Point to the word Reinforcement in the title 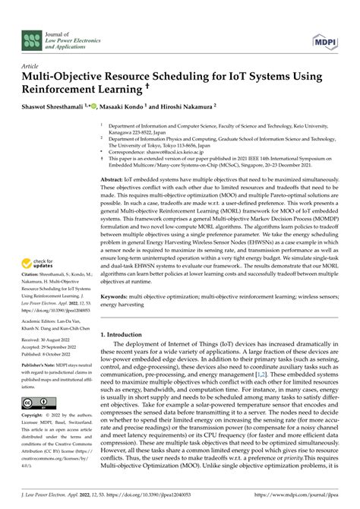(x=64, y=87)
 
